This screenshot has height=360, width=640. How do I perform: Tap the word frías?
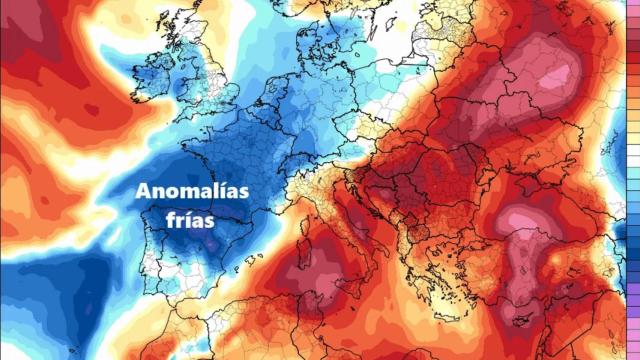pyautogui.click(x=191, y=219)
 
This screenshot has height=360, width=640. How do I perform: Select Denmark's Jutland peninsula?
pyautogui.click(x=317, y=45)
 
